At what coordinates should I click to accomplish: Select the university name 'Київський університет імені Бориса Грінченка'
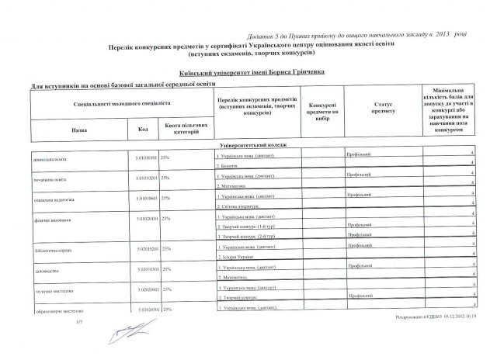point(248,72)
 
